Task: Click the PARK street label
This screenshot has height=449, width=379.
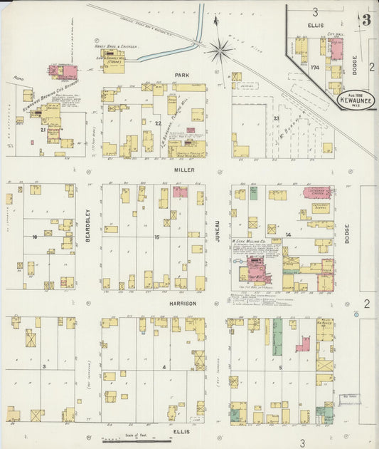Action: [x=181, y=75]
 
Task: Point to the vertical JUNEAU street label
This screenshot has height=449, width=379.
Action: [x=218, y=232]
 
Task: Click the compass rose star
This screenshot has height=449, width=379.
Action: [x=220, y=51]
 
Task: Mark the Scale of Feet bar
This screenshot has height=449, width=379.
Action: [x=126, y=441]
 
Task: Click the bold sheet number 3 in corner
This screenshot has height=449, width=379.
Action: [x=365, y=19]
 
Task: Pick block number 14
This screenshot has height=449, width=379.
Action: [x=288, y=234]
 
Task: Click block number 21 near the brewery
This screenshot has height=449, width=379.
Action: [x=43, y=130]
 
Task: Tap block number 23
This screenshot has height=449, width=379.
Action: [x=277, y=118]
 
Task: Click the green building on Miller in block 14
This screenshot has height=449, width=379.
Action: [x=253, y=193]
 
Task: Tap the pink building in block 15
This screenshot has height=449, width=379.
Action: [x=180, y=192]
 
